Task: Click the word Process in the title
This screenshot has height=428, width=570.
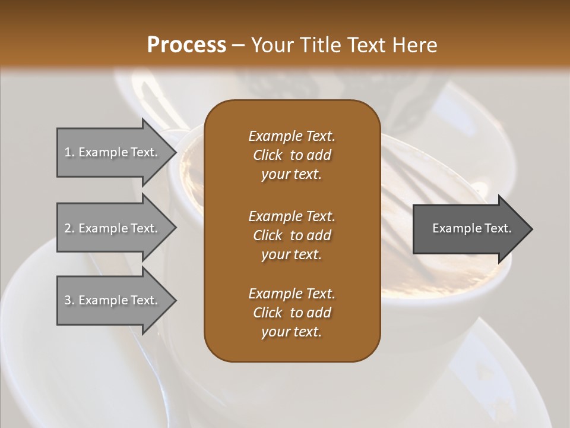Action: click(x=186, y=45)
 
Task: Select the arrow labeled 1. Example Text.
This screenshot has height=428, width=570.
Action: click(x=113, y=152)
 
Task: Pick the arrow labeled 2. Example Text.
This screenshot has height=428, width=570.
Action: click(x=113, y=228)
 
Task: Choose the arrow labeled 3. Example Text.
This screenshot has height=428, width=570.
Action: click(x=113, y=300)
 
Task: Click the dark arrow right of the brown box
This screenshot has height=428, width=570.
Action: click(x=469, y=229)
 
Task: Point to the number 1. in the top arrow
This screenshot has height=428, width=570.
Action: click(x=69, y=152)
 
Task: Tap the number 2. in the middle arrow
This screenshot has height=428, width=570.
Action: click(x=69, y=228)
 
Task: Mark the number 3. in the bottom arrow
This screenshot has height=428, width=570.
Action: click(x=69, y=300)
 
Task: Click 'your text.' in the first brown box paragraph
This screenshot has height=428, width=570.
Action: click(x=292, y=175)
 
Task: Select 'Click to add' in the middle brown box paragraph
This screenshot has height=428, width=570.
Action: click(x=292, y=235)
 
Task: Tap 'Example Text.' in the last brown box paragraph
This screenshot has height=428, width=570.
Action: click(x=292, y=294)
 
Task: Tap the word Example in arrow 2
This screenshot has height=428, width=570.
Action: click(x=101, y=228)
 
